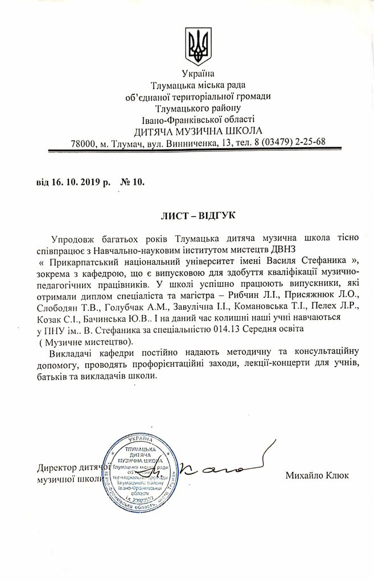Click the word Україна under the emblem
pyautogui.click(x=199, y=74)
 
